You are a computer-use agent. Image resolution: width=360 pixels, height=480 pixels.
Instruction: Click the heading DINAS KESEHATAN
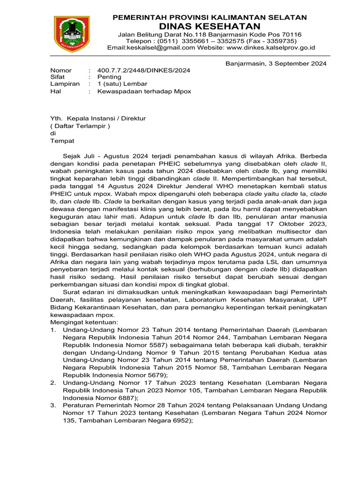(x=210, y=26)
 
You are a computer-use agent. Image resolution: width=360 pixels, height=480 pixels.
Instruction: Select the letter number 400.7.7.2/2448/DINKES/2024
(x=143, y=70)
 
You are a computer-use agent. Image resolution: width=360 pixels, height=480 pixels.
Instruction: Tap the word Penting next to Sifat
(x=109, y=77)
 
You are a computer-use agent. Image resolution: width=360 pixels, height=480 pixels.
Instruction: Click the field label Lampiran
(x=65, y=84)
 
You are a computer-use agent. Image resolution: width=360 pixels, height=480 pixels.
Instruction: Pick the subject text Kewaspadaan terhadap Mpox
(x=144, y=91)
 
